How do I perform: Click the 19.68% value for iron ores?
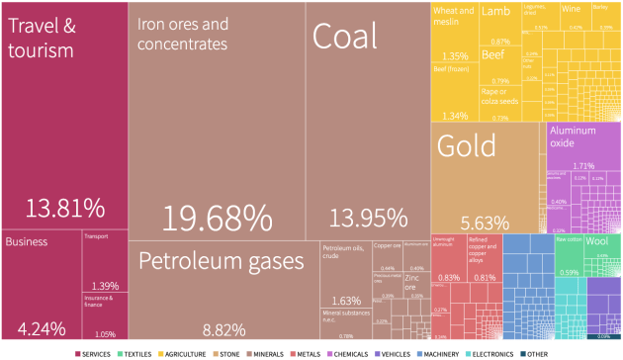[x=217, y=218]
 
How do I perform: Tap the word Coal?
[x=345, y=37]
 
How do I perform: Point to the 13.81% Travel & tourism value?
[x=65, y=208]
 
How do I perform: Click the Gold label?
[x=466, y=146]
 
